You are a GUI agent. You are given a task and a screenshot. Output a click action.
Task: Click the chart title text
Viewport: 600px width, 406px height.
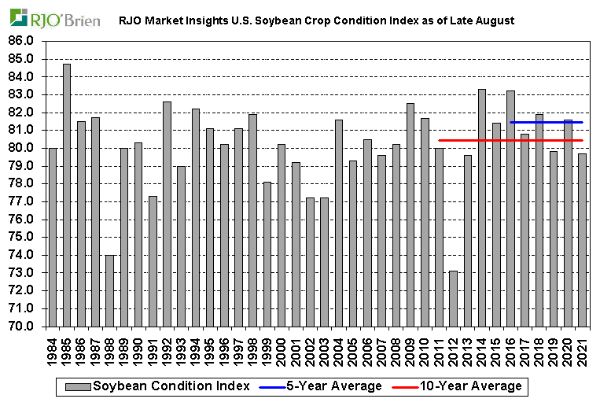pos(316,20)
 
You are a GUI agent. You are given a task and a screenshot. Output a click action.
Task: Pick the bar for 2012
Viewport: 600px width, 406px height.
pos(454,298)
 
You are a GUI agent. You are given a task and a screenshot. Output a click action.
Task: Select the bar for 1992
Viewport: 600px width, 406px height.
pos(167,213)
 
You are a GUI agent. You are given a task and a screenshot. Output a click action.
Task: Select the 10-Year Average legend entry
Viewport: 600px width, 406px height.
pos(464,386)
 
